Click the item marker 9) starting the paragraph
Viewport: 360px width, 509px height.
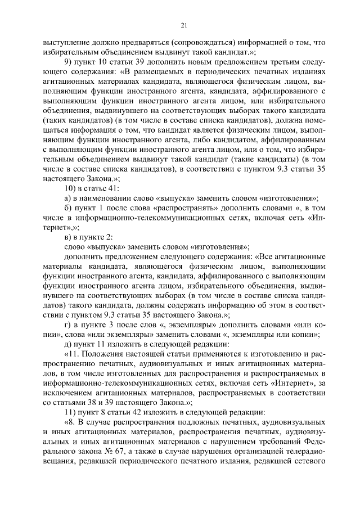coord(69,61)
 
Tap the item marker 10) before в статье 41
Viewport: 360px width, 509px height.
coord(71,187)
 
